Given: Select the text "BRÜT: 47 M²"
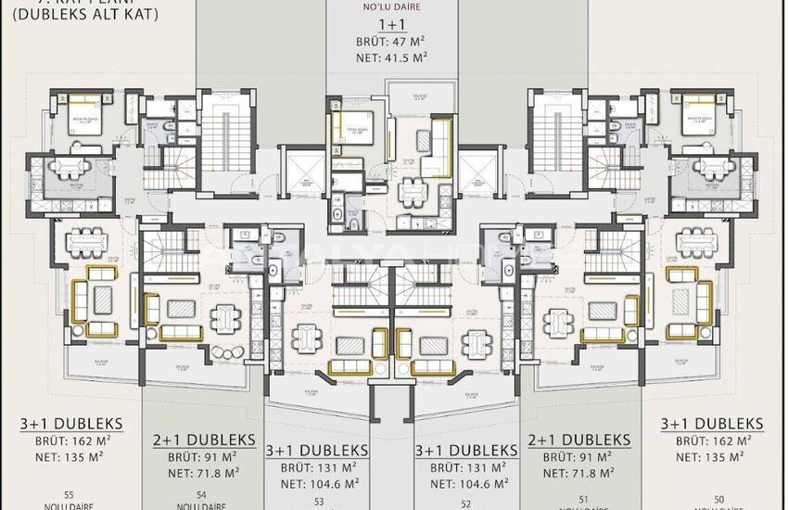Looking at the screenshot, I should point(391,42).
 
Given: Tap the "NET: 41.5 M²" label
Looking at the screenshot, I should point(391,57).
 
